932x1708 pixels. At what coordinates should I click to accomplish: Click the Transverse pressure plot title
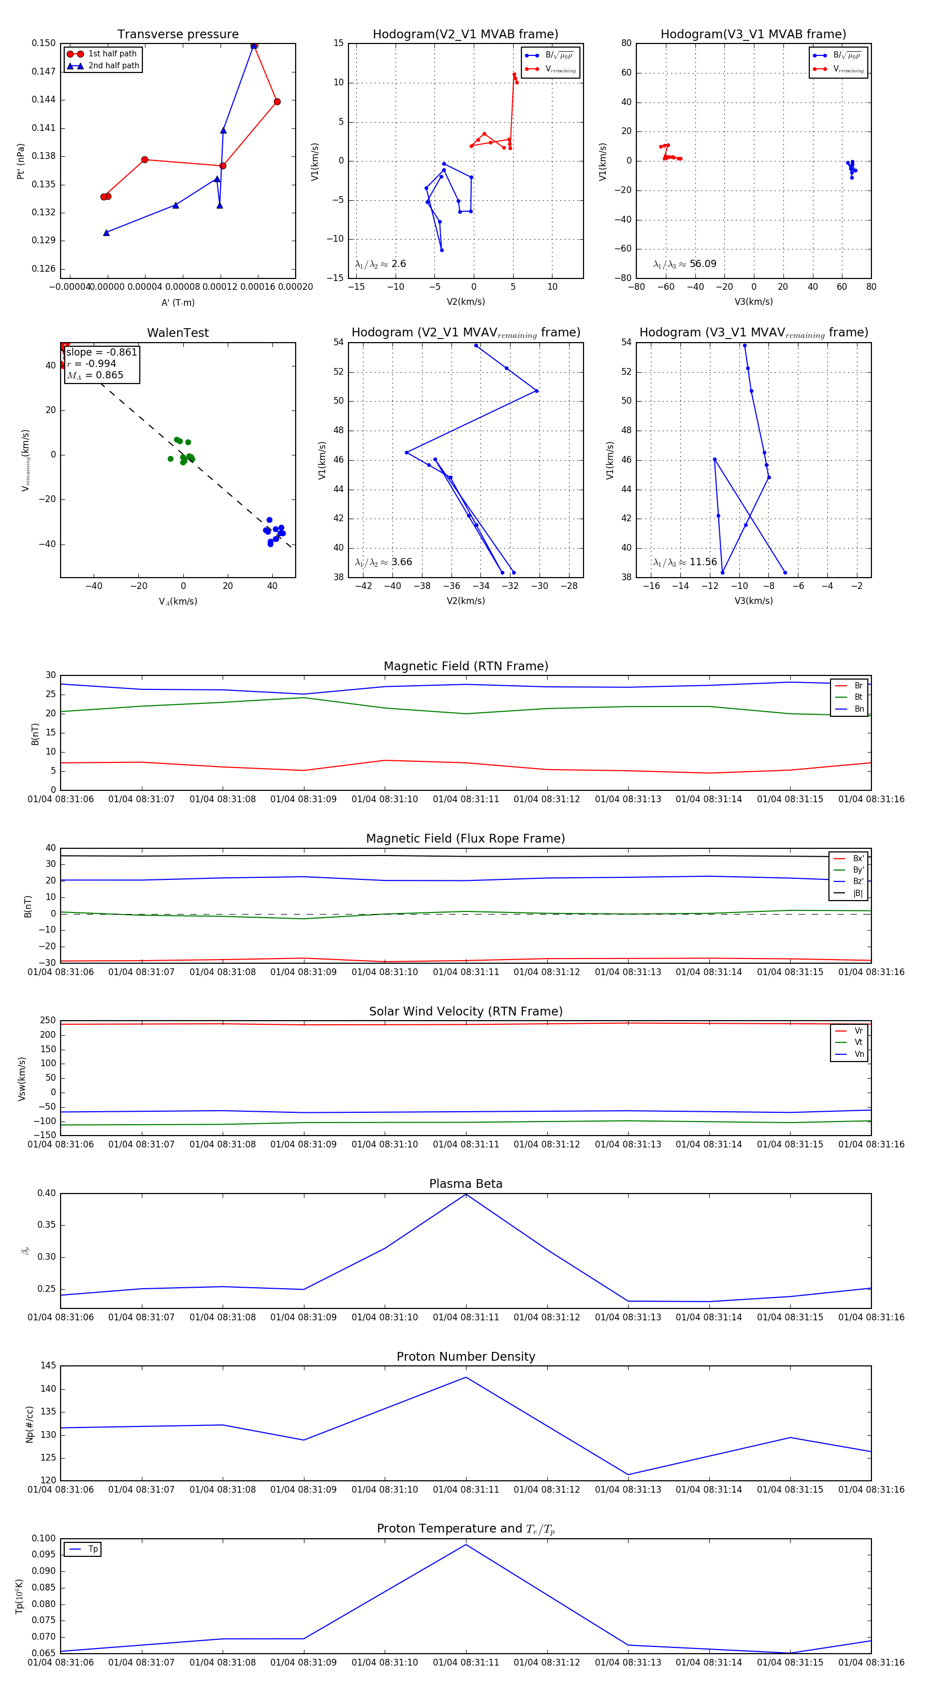pyautogui.click(x=178, y=35)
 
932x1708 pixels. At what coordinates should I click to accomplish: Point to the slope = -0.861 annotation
pyautogui.click(x=101, y=352)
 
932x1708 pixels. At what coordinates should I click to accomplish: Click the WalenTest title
pyautogui.click(x=178, y=333)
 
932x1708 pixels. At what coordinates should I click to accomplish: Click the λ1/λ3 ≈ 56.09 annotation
pyautogui.click(x=685, y=264)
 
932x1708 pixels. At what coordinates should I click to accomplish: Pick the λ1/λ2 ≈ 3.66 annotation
pyautogui.click(x=383, y=562)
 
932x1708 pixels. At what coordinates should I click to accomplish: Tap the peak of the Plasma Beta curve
pyautogui.click(x=465, y=1194)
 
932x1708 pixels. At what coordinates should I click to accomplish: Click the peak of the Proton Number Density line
pyautogui.click(x=465, y=1377)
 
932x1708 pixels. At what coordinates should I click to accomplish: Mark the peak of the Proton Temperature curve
pyautogui.click(x=465, y=1544)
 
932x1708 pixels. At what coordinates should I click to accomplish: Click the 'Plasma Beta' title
pyautogui.click(x=465, y=1184)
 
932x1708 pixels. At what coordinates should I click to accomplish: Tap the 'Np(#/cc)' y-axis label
pyautogui.click(x=29, y=1423)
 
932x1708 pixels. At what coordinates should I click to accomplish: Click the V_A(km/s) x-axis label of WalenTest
pyautogui.click(x=178, y=601)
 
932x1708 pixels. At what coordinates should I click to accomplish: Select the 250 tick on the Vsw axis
pyautogui.click(x=48, y=1021)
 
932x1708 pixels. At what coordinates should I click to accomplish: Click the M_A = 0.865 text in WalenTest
pyautogui.click(x=95, y=375)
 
